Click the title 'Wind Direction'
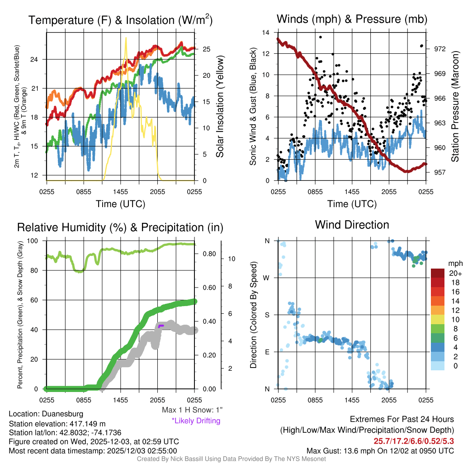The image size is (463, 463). pos(352,225)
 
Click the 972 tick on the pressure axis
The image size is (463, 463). pos(439,49)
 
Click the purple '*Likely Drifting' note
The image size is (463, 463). pos(196,420)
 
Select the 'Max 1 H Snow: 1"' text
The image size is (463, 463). pos(192,410)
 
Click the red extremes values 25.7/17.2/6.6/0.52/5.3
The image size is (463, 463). pos(414,441)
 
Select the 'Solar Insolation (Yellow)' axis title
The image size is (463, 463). pos(220,107)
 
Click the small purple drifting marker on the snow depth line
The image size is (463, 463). pos(161,325)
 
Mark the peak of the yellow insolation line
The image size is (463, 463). pos(126,38)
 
